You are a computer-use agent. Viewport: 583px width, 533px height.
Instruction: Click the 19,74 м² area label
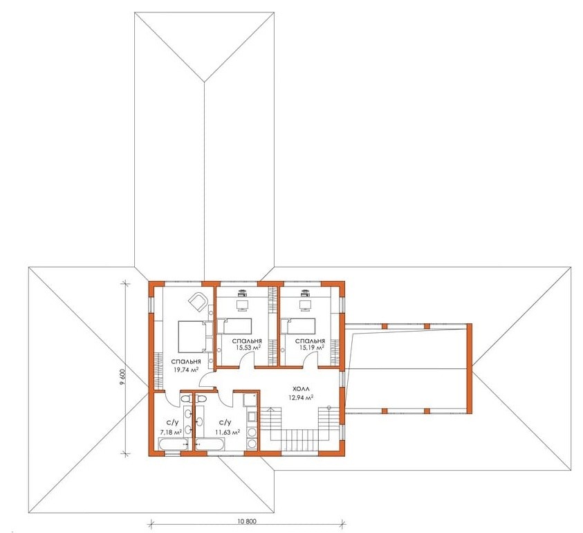coord(185,370)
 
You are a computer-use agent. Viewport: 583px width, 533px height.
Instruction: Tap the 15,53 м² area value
coord(248,347)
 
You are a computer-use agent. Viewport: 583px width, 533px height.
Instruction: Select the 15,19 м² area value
coord(312,347)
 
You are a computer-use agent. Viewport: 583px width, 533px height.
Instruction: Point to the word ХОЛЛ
coord(301,389)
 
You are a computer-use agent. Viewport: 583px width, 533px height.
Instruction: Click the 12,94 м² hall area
coord(301,397)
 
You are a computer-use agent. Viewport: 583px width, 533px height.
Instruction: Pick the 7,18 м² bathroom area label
coord(171,432)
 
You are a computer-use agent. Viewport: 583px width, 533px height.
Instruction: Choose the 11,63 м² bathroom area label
coord(227,432)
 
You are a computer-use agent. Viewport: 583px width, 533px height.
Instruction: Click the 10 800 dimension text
coord(246,521)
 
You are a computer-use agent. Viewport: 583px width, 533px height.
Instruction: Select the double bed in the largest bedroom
coord(192,337)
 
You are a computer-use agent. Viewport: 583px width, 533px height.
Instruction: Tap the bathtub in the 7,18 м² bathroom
coord(174,444)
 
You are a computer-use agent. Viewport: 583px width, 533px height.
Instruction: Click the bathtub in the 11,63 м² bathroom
coord(210,444)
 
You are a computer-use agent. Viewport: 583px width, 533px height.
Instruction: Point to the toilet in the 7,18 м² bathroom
coord(185,399)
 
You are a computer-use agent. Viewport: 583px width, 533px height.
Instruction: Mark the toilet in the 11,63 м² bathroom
coord(201,399)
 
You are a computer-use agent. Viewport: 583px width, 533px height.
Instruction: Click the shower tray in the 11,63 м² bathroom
coord(250,399)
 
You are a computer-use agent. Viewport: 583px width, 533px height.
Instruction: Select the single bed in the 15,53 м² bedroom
coord(234,326)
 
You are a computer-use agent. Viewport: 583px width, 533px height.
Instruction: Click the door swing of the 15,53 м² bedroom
coord(246,359)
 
